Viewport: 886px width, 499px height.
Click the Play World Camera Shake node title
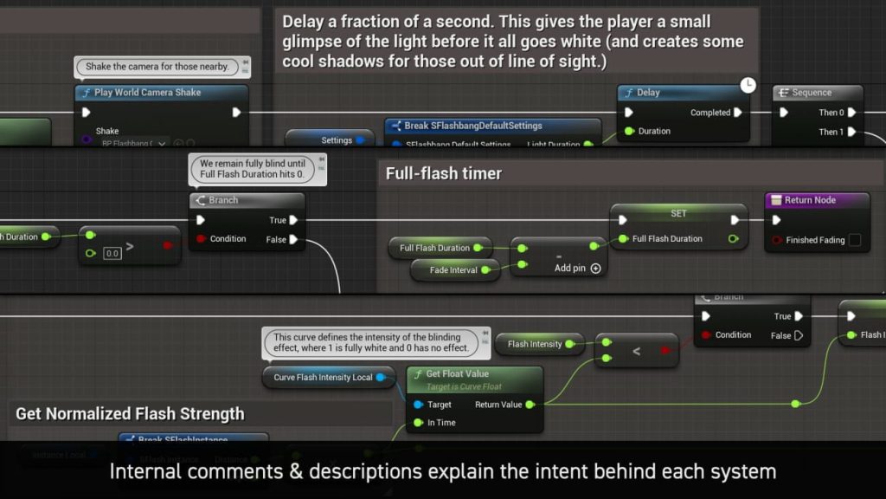[x=147, y=93]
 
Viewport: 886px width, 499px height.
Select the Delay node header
[x=648, y=93]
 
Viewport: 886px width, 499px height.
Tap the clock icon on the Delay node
[x=748, y=85]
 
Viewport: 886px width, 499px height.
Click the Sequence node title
[x=812, y=93]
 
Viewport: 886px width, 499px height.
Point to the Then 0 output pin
[x=851, y=113]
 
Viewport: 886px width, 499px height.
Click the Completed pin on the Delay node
[x=738, y=113]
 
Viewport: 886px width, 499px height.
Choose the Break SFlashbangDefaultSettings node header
[x=473, y=126]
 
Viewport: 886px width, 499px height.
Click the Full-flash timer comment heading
[x=444, y=173]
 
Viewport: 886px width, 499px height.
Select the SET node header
[x=678, y=213]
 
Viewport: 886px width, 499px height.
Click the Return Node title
[x=810, y=200]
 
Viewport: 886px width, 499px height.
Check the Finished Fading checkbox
[x=855, y=240]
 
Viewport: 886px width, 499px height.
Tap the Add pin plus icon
[x=595, y=269]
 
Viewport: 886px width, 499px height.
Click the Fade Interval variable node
[x=453, y=270]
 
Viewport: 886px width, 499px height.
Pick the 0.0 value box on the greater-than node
[x=112, y=254]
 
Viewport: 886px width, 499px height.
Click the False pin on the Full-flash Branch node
[x=293, y=240]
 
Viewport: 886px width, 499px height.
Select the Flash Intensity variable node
[x=535, y=344]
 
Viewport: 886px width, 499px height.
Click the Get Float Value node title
[x=458, y=374]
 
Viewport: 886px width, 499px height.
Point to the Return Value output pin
[x=530, y=405]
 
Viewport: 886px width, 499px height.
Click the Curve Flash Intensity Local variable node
[x=324, y=377]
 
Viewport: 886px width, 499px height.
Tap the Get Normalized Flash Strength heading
[x=130, y=414]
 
